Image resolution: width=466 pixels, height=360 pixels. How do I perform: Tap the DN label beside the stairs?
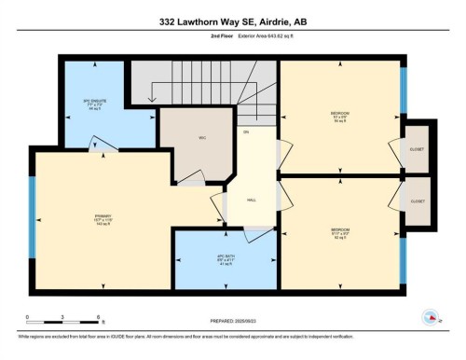(246, 132)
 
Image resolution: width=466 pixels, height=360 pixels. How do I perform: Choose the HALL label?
(252, 200)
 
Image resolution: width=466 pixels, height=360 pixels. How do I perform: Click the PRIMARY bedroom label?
(103, 220)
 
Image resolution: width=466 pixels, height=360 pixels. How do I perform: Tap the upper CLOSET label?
(417, 147)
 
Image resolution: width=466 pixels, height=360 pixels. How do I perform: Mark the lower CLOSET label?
(417, 201)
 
